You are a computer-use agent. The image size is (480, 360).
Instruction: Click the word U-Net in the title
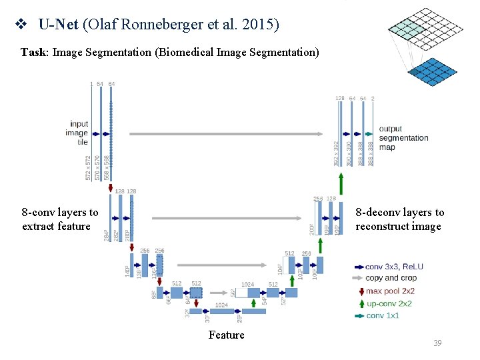(x=59, y=26)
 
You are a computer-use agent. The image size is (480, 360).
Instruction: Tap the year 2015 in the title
(x=263, y=26)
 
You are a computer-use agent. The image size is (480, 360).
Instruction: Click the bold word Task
(x=33, y=52)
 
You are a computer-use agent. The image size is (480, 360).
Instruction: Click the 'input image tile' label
(x=79, y=133)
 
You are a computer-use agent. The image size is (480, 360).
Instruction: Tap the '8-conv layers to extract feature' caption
(x=59, y=219)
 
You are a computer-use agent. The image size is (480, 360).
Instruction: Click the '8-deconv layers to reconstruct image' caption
(x=399, y=219)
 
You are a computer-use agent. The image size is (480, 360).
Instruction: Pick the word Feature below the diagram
(x=226, y=335)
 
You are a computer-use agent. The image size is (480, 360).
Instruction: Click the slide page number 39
(x=437, y=343)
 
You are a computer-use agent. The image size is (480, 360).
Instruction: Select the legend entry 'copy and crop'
(x=391, y=279)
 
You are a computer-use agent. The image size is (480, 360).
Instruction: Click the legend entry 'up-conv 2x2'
(x=389, y=303)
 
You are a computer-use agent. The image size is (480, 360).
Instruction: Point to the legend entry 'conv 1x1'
(x=383, y=315)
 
